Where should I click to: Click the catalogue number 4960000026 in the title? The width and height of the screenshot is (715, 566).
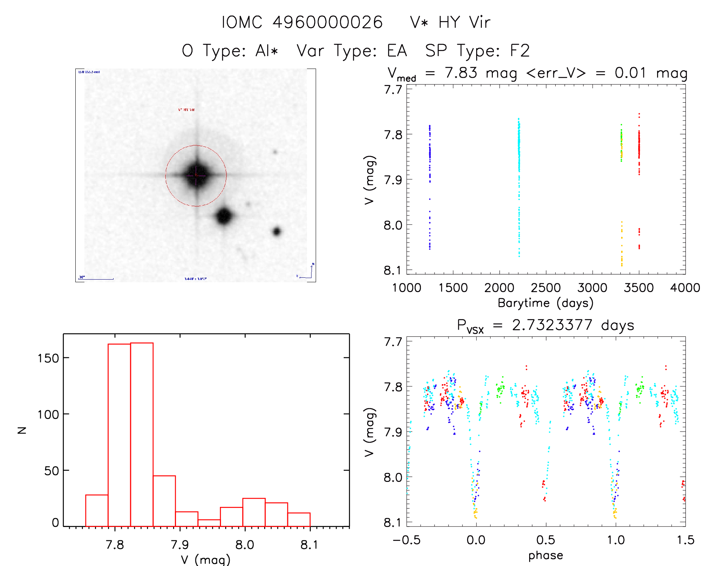click(327, 22)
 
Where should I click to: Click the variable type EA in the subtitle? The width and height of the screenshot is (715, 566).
click(397, 51)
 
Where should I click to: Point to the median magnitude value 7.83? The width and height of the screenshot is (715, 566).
click(461, 73)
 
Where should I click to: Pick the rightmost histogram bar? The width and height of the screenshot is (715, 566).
click(299, 519)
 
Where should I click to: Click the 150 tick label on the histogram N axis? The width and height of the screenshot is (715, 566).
click(48, 358)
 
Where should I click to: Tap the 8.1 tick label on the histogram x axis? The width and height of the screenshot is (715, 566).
click(309, 544)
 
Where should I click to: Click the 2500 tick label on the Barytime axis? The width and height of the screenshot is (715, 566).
click(546, 288)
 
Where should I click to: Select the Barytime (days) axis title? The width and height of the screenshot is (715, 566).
click(545, 303)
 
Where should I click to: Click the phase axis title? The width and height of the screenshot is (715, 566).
click(545, 555)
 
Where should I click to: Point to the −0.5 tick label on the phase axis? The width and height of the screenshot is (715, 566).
click(407, 540)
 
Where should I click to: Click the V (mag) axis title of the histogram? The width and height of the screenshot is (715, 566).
click(205, 560)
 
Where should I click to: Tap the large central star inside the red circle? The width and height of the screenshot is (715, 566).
click(196, 175)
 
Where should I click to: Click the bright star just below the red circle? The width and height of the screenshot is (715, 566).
click(224, 216)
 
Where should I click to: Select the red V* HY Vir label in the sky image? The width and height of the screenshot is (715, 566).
click(186, 110)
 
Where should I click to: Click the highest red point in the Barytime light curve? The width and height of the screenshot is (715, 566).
click(639, 114)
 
